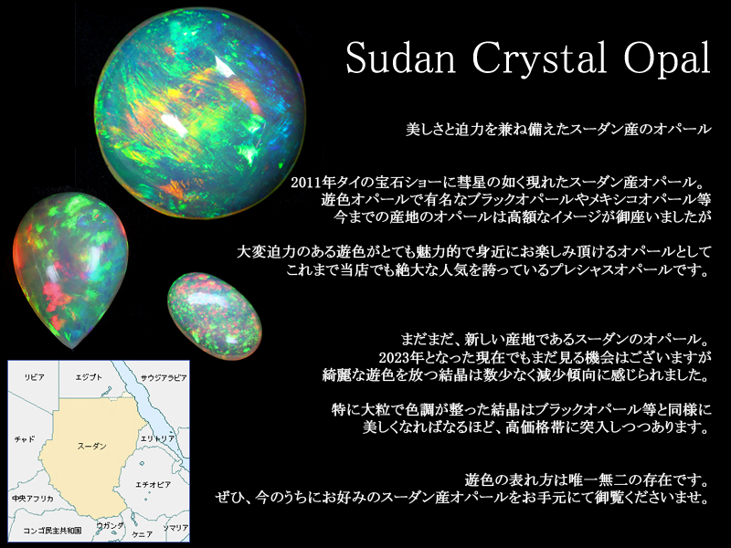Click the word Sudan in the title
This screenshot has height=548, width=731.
point(400,58)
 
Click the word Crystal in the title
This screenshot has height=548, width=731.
point(539,58)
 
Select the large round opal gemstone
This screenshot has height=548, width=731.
point(200,112)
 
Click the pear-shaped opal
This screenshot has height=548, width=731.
point(70,269)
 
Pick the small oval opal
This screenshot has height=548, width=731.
point(215,316)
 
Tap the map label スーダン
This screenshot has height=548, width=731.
point(92,446)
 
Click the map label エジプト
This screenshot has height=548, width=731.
point(89,377)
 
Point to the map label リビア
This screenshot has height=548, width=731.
point(34,377)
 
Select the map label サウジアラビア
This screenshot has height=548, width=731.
point(164,378)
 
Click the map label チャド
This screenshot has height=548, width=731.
point(25,439)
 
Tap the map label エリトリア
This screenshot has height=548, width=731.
point(157,438)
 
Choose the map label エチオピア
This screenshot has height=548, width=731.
point(153,485)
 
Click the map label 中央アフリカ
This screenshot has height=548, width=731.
point(33,499)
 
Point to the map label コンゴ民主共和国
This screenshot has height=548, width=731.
point(52,531)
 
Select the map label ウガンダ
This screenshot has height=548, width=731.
point(110,526)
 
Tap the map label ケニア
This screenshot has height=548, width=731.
point(142,534)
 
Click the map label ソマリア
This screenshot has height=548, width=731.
point(175,528)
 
